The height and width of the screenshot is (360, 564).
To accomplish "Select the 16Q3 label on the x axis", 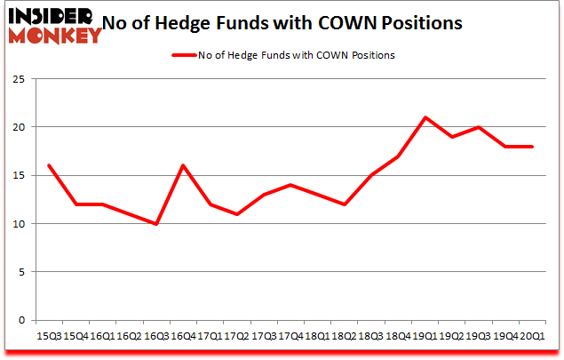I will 156,337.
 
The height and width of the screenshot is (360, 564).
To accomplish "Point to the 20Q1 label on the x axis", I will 531,337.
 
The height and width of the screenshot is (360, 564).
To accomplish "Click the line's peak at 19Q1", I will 426,117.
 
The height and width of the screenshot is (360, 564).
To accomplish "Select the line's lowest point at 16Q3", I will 156,223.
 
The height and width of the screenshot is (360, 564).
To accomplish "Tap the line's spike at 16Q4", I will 182,165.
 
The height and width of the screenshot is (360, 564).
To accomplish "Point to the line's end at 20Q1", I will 531,147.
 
